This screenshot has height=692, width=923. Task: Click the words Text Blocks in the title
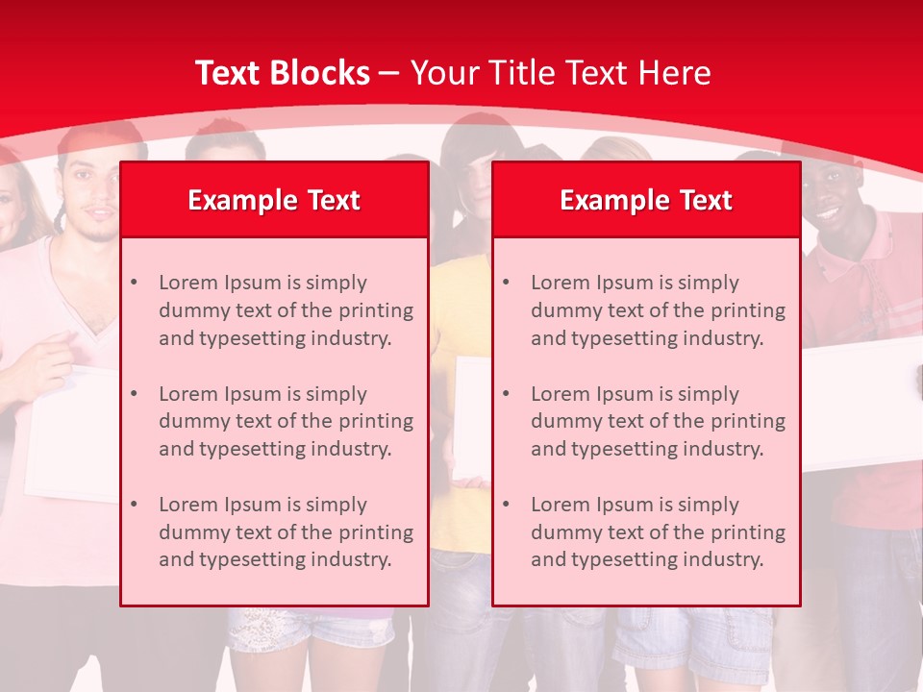pyautogui.click(x=282, y=73)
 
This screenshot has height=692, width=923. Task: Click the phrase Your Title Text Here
pyautogui.click(x=561, y=73)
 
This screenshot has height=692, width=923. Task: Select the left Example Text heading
pyautogui.click(x=274, y=200)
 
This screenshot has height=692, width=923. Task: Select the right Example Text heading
pyautogui.click(x=646, y=200)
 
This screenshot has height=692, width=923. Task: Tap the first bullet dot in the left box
pyautogui.click(x=134, y=283)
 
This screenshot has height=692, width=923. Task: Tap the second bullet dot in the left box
pyautogui.click(x=134, y=394)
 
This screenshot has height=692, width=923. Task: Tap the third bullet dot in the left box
pyautogui.click(x=134, y=505)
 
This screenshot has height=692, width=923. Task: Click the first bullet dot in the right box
pyautogui.click(x=506, y=283)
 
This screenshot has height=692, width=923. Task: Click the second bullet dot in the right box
pyautogui.click(x=506, y=394)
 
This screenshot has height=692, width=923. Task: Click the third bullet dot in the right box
pyautogui.click(x=506, y=505)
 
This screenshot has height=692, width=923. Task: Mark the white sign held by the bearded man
pyautogui.click(x=72, y=432)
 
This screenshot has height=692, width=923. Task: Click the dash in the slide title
pyautogui.click(x=389, y=74)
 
